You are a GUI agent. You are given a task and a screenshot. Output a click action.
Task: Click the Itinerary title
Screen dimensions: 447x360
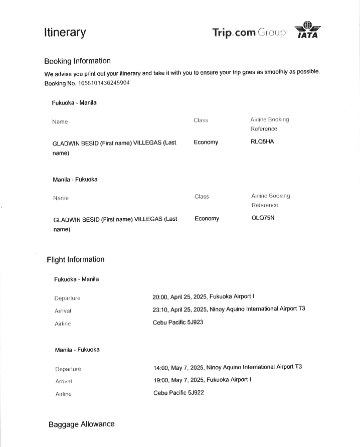(65, 33)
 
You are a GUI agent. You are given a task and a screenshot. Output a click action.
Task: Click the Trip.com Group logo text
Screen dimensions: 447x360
(249, 33)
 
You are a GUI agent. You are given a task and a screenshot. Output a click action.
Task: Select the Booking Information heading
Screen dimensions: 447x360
(77, 61)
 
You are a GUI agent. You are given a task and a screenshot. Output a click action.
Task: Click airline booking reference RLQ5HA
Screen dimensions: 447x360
(262, 141)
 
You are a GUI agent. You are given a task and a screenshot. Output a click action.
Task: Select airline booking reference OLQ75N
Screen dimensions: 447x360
(263, 218)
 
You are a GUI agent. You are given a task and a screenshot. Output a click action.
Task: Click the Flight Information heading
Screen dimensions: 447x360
(75, 259)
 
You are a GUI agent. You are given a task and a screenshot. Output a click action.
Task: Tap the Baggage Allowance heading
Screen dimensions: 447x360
(81, 424)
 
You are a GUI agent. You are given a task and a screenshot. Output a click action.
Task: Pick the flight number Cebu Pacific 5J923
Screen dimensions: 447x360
(177, 322)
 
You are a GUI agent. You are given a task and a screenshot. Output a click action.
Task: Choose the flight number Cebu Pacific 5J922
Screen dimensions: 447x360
(178, 393)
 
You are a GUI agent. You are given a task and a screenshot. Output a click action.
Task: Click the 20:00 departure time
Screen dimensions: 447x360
(160, 296)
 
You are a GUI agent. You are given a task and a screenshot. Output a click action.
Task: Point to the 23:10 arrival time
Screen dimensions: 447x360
(160, 309)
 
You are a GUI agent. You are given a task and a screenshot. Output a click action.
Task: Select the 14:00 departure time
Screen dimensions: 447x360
(161, 367)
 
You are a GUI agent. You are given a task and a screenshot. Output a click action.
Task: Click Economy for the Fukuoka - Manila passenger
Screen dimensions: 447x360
(206, 142)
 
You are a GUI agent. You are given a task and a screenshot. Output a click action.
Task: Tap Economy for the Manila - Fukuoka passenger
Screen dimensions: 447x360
(207, 218)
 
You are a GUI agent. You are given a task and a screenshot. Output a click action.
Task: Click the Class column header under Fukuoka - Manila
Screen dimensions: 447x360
(201, 120)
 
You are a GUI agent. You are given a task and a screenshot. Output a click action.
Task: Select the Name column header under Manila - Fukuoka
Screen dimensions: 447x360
(61, 198)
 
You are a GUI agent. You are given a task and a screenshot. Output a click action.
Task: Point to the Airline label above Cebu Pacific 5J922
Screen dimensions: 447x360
(63, 394)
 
